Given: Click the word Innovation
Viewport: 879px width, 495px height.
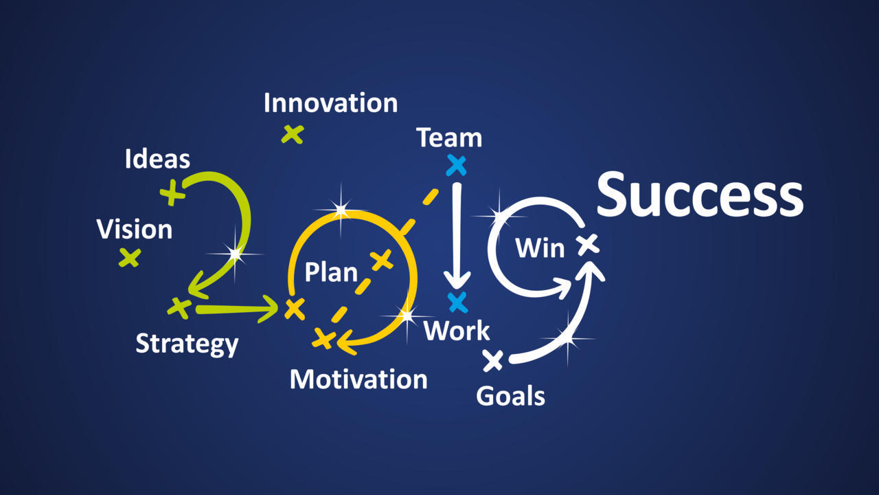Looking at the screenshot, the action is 330,103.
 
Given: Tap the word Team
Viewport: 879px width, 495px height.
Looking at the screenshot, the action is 449,137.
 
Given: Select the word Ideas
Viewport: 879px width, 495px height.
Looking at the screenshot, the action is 157,159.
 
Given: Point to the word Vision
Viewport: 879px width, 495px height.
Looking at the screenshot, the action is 134,229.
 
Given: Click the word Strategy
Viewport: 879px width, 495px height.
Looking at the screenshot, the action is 187,344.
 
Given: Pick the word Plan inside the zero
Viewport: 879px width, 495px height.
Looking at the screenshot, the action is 331,272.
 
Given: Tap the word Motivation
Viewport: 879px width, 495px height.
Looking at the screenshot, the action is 358,379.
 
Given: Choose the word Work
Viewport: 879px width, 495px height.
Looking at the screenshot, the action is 457,331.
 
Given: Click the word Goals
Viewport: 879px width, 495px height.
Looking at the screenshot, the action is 510,395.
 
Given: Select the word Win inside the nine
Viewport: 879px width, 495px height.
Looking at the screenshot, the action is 540,248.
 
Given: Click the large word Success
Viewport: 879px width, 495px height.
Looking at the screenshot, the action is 700,195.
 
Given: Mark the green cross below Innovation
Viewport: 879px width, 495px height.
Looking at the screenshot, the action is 293,134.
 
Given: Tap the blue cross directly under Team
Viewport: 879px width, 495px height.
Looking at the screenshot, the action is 457,166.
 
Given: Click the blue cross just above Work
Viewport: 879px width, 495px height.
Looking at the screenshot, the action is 457,302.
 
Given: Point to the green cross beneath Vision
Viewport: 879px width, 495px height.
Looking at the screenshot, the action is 130,258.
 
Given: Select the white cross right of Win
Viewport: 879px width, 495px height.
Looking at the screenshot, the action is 589,244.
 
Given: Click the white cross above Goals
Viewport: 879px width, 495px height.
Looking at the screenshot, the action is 493,361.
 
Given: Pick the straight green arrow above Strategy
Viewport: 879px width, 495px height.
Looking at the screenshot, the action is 237,309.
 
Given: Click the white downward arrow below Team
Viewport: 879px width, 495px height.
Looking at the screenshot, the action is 457,236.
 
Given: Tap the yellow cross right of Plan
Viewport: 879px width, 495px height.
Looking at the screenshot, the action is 381,260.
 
